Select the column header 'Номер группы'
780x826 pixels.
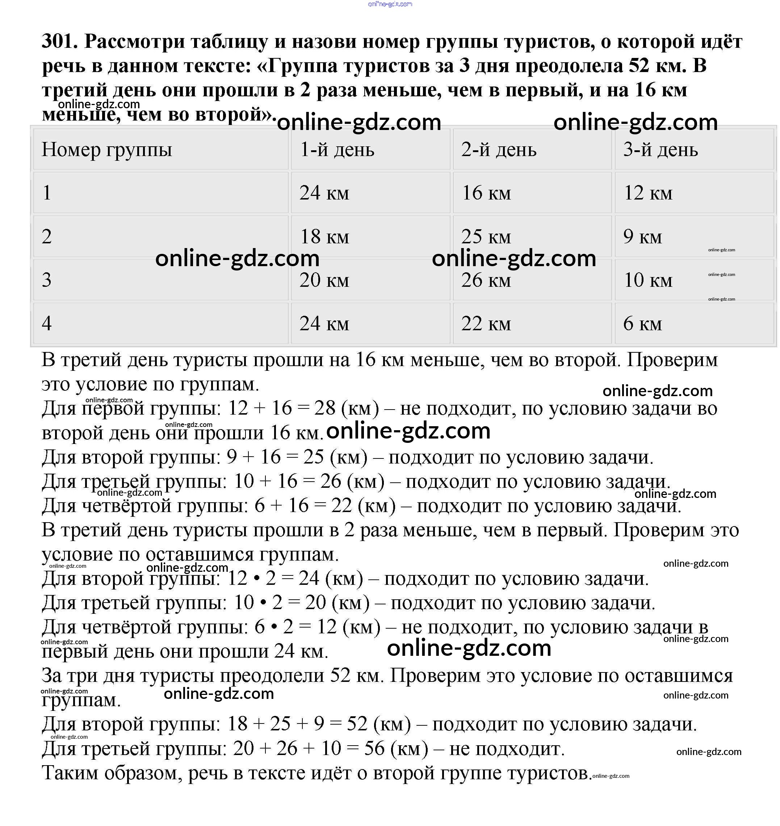(x=106, y=150)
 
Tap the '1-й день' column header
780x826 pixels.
(x=337, y=150)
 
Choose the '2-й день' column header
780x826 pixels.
(x=499, y=150)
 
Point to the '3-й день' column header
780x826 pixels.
(x=660, y=150)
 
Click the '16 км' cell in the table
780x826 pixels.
(x=486, y=193)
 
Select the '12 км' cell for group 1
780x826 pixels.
(x=648, y=193)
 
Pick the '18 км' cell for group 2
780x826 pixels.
(x=324, y=236)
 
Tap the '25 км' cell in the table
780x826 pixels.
(x=486, y=236)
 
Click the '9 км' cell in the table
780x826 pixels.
(x=642, y=236)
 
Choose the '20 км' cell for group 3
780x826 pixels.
(x=324, y=280)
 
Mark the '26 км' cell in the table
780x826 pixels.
(x=486, y=280)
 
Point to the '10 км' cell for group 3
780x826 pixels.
(x=648, y=280)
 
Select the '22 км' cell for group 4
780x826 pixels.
(x=486, y=323)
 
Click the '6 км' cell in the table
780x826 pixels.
(x=642, y=323)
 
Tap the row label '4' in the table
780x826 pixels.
(x=47, y=323)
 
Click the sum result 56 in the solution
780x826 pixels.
(x=374, y=749)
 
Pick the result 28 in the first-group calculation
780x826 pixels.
(x=325, y=408)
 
